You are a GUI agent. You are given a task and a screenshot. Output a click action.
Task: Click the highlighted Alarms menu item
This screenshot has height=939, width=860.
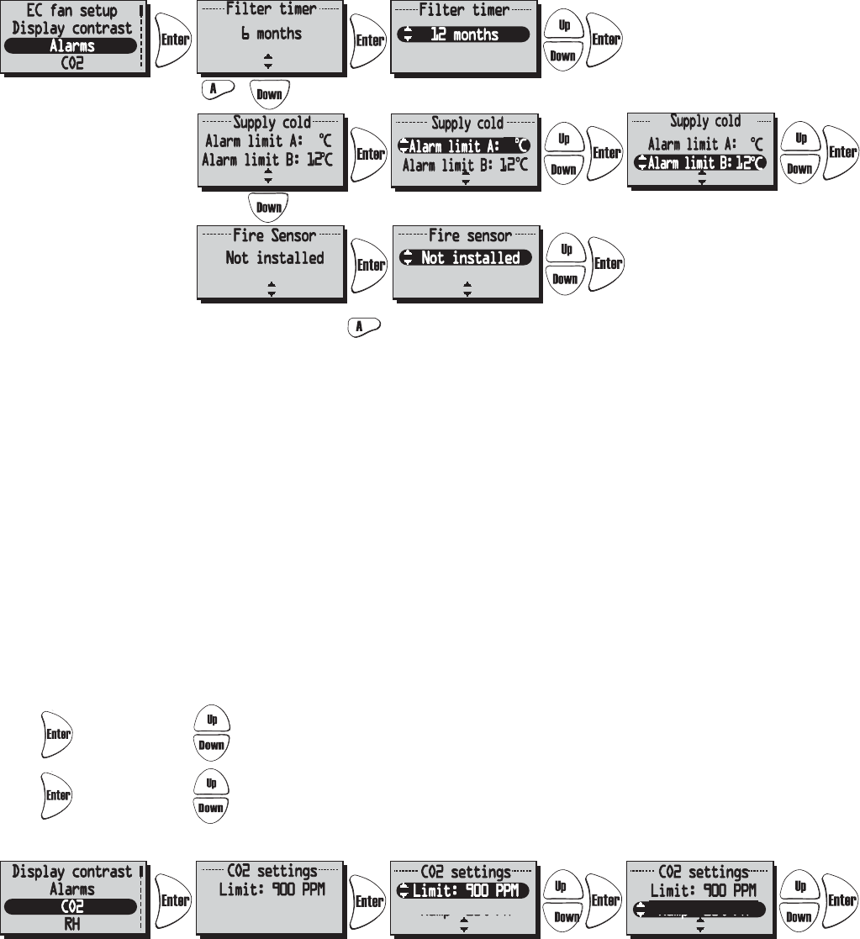(x=71, y=46)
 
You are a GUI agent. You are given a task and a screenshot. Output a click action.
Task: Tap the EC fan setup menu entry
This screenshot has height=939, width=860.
(x=71, y=12)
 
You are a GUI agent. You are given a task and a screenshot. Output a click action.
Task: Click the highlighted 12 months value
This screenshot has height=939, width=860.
(x=463, y=34)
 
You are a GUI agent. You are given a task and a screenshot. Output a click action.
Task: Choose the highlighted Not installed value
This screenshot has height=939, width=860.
(x=466, y=258)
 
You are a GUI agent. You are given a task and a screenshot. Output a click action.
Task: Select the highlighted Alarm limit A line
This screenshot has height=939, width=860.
(x=465, y=146)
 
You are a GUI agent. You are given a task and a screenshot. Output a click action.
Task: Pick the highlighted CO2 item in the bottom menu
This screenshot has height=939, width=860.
(x=71, y=906)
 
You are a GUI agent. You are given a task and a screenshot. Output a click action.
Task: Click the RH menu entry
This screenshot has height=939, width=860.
(x=71, y=923)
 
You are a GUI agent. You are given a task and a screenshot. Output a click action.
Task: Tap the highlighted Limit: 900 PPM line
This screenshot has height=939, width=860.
(x=464, y=890)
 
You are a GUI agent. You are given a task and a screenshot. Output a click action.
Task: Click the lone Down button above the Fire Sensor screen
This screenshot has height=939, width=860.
(x=268, y=206)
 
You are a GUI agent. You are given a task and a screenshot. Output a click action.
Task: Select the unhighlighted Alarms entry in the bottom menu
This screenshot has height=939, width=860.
(x=71, y=889)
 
